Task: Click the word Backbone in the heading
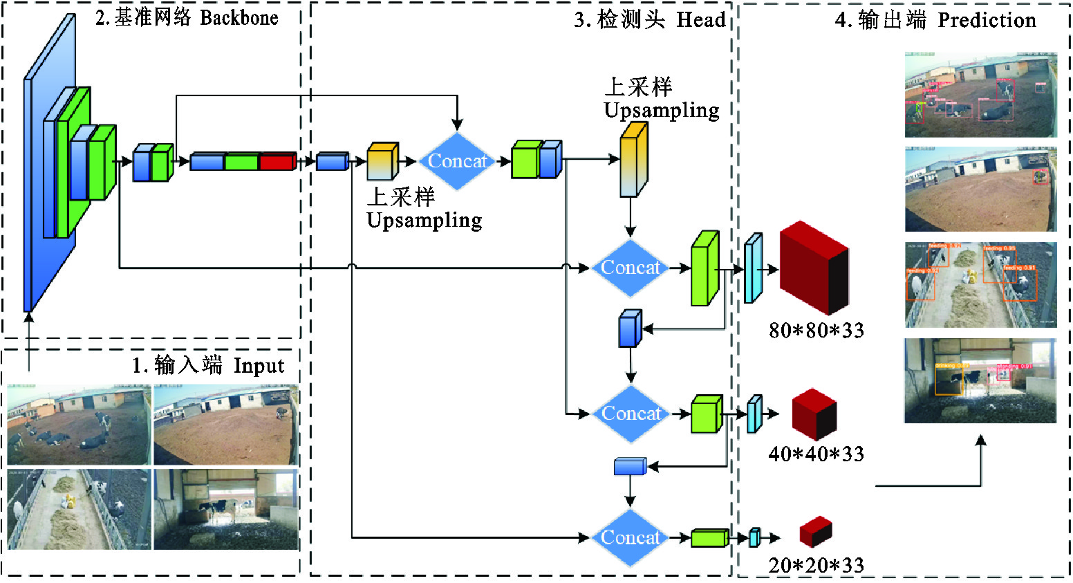click(x=239, y=17)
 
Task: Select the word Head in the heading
click(x=700, y=20)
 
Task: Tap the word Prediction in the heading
click(x=987, y=20)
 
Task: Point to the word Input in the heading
click(x=259, y=365)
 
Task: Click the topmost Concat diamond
click(x=457, y=161)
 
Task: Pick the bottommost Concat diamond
click(x=631, y=537)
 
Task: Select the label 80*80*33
click(x=817, y=331)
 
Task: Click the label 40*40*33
click(x=817, y=454)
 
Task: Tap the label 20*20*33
click(x=817, y=565)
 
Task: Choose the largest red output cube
click(x=814, y=268)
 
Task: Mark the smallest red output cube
click(x=815, y=532)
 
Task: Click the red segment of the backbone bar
click(x=278, y=162)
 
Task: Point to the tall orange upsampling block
click(x=633, y=160)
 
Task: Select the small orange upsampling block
click(x=382, y=161)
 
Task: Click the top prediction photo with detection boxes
click(x=980, y=94)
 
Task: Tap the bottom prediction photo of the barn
click(x=980, y=380)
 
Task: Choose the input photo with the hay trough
click(x=79, y=509)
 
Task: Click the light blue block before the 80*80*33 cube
click(x=753, y=268)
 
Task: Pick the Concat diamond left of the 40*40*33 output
click(x=631, y=414)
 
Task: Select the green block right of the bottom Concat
click(x=709, y=537)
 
